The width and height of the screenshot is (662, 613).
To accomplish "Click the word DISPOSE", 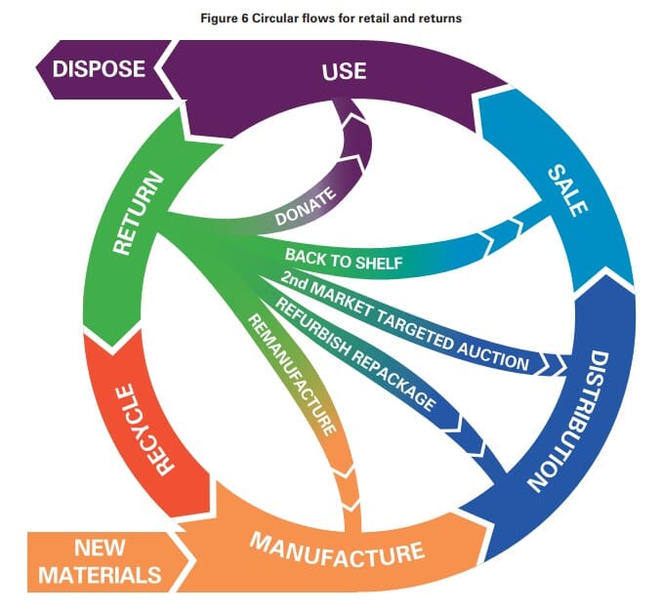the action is pos(99,68).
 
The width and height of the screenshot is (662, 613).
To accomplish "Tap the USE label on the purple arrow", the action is pos(344,71).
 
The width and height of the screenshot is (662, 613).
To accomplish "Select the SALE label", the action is pos(567,190).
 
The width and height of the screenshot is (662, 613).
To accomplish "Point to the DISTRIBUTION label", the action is pos(569,421).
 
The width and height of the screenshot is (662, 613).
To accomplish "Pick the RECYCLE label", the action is pos(145,429).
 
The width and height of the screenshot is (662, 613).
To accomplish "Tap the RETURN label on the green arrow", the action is pos(138,213).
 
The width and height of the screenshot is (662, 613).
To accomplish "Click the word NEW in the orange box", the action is pos(100,548).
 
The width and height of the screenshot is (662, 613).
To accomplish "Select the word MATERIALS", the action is pos(100,575).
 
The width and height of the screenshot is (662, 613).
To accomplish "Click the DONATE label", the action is pos(306,206).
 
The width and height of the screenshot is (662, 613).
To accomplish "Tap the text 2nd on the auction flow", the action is pos(294,281).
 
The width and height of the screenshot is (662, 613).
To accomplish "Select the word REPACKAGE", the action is pos(393,383).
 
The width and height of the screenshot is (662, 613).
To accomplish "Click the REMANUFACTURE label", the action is pos(292,375).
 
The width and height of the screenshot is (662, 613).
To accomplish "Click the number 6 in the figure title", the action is pos(245,19).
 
